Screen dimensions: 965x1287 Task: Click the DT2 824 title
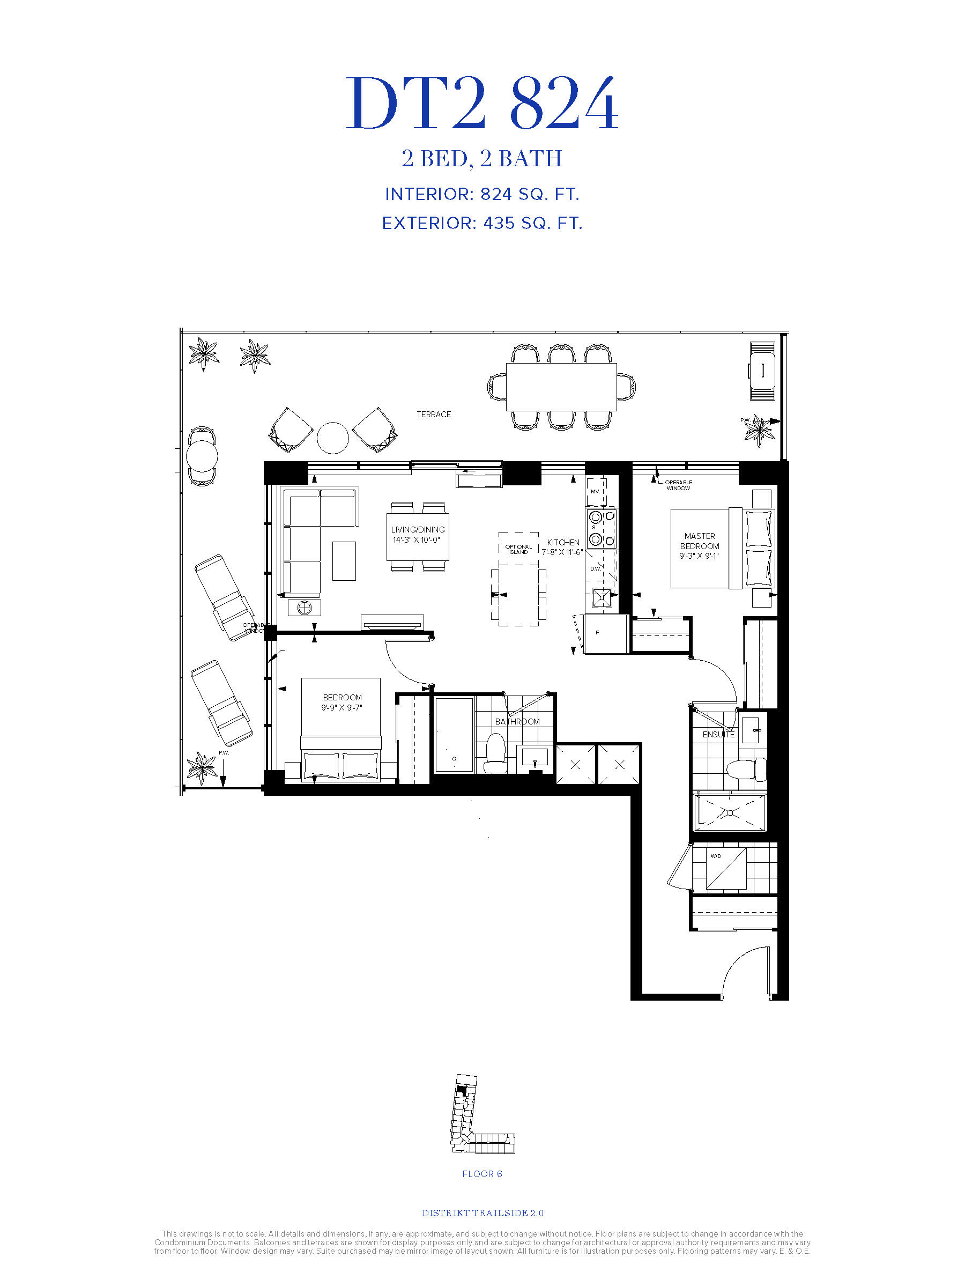click(482, 103)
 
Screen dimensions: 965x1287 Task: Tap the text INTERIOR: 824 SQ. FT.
click(482, 194)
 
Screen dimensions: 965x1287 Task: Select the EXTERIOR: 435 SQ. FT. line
click(482, 223)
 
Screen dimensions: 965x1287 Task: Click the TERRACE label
click(433, 415)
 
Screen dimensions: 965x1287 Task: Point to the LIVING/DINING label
click(418, 529)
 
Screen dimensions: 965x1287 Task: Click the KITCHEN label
click(563, 542)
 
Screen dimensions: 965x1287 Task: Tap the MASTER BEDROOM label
click(700, 541)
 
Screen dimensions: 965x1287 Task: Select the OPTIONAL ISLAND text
click(518, 549)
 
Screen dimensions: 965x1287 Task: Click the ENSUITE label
click(718, 734)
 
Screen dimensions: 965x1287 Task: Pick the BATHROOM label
click(517, 721)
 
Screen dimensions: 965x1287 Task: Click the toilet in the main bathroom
click(495, 752)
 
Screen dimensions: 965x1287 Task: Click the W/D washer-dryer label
click(716, 856)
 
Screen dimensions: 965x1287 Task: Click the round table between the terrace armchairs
click(333, 438)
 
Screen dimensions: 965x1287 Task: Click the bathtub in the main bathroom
click(454, 735)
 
